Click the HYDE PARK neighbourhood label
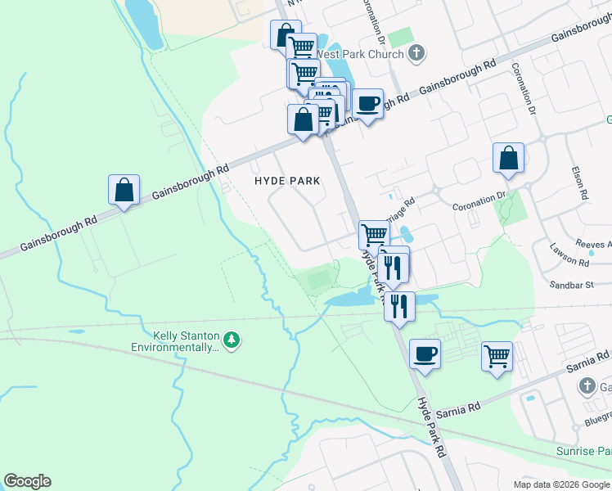point(286,180)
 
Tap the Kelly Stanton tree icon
point(232,340)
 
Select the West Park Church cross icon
point(416,54)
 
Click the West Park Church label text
point(360,55)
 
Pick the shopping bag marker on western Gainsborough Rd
point(124,190)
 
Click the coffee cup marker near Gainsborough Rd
point(368,103)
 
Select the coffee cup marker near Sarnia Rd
point(425,354)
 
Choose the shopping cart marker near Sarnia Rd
point(497,357)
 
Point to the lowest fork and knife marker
point(399,307)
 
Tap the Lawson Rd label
point(569,261)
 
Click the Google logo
point(27,481)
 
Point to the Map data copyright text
point(562,484)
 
